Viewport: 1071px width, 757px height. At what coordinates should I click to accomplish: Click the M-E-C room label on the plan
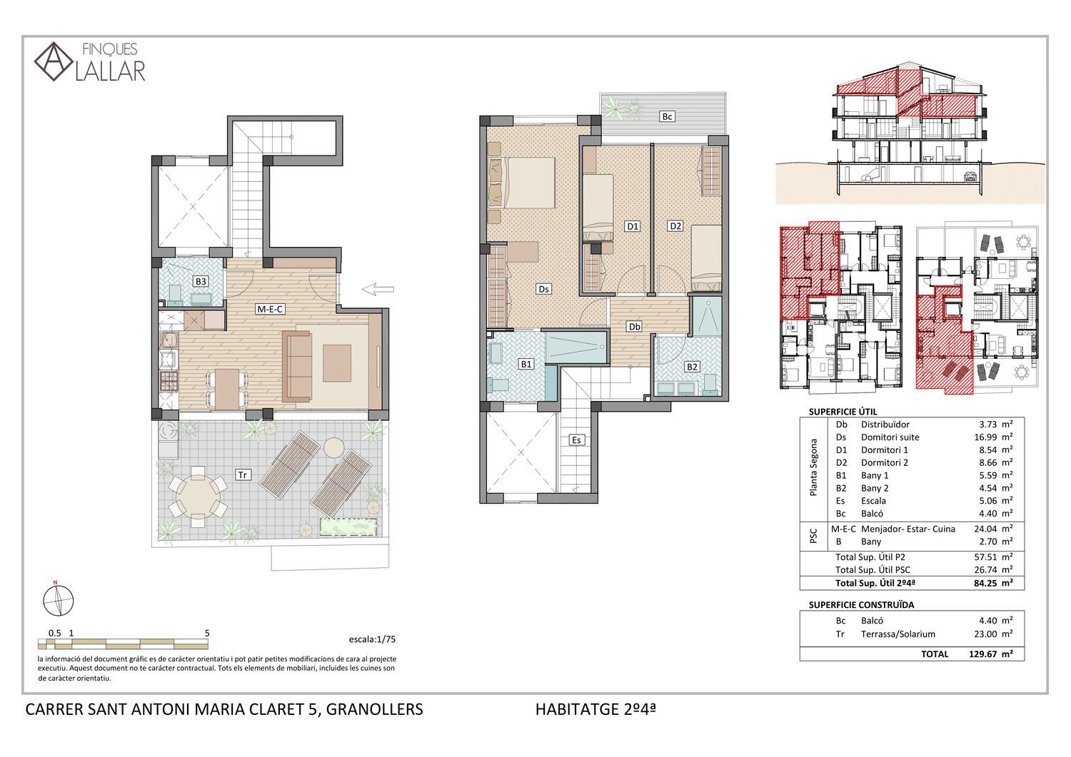coord(271,309)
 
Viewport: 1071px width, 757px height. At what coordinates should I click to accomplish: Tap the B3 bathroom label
coord(201,282)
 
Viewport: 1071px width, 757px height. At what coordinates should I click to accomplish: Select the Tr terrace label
coord(243,474)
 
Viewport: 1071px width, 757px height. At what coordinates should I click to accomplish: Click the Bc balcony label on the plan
coord(667,116)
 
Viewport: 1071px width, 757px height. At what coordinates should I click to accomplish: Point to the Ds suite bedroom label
coord(543,289)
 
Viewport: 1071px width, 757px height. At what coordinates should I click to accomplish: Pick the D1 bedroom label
coord(633,226)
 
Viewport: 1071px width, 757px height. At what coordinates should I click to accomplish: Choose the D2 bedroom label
coord(675,226)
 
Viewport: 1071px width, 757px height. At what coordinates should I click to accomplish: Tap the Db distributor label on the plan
coord(635,327)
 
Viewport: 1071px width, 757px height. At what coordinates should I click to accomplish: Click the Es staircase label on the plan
coord(576,440)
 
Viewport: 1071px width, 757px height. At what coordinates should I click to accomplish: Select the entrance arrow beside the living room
coord(378,289)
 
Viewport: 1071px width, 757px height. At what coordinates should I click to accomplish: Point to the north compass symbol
coord(58,600)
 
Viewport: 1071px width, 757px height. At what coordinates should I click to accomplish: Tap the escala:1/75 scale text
coord(372,639)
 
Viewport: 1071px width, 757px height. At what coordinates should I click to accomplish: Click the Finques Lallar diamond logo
coord(54,61)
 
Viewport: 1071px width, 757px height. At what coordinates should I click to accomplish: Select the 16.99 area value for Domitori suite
coord(985,437)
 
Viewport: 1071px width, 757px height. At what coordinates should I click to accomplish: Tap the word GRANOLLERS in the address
coord(374,709)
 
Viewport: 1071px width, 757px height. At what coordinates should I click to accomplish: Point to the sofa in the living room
coord(298,367)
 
